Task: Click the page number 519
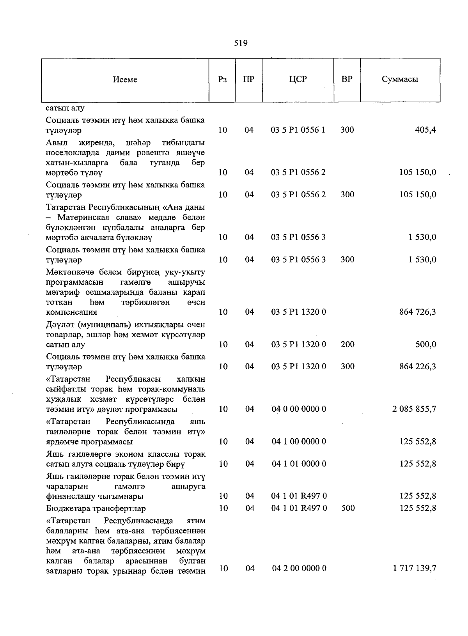(x=241, y=43)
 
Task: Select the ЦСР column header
(x=298, y=79)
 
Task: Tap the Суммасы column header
(x=400, y=79)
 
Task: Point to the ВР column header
(x=347, y=79)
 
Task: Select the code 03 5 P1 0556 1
(x=298, y=130)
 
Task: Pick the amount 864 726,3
(x=418, y=312)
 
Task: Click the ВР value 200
(x=347, y=344)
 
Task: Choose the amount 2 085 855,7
(x=414, y=409)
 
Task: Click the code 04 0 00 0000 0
(x=299, y=409)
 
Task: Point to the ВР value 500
(x=347, y=508)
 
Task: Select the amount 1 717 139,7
(x=414, y=569)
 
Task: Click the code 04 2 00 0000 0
(x=299, y=569)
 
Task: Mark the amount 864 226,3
(x=418, y=367)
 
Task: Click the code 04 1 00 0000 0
(x=299, y=441)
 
